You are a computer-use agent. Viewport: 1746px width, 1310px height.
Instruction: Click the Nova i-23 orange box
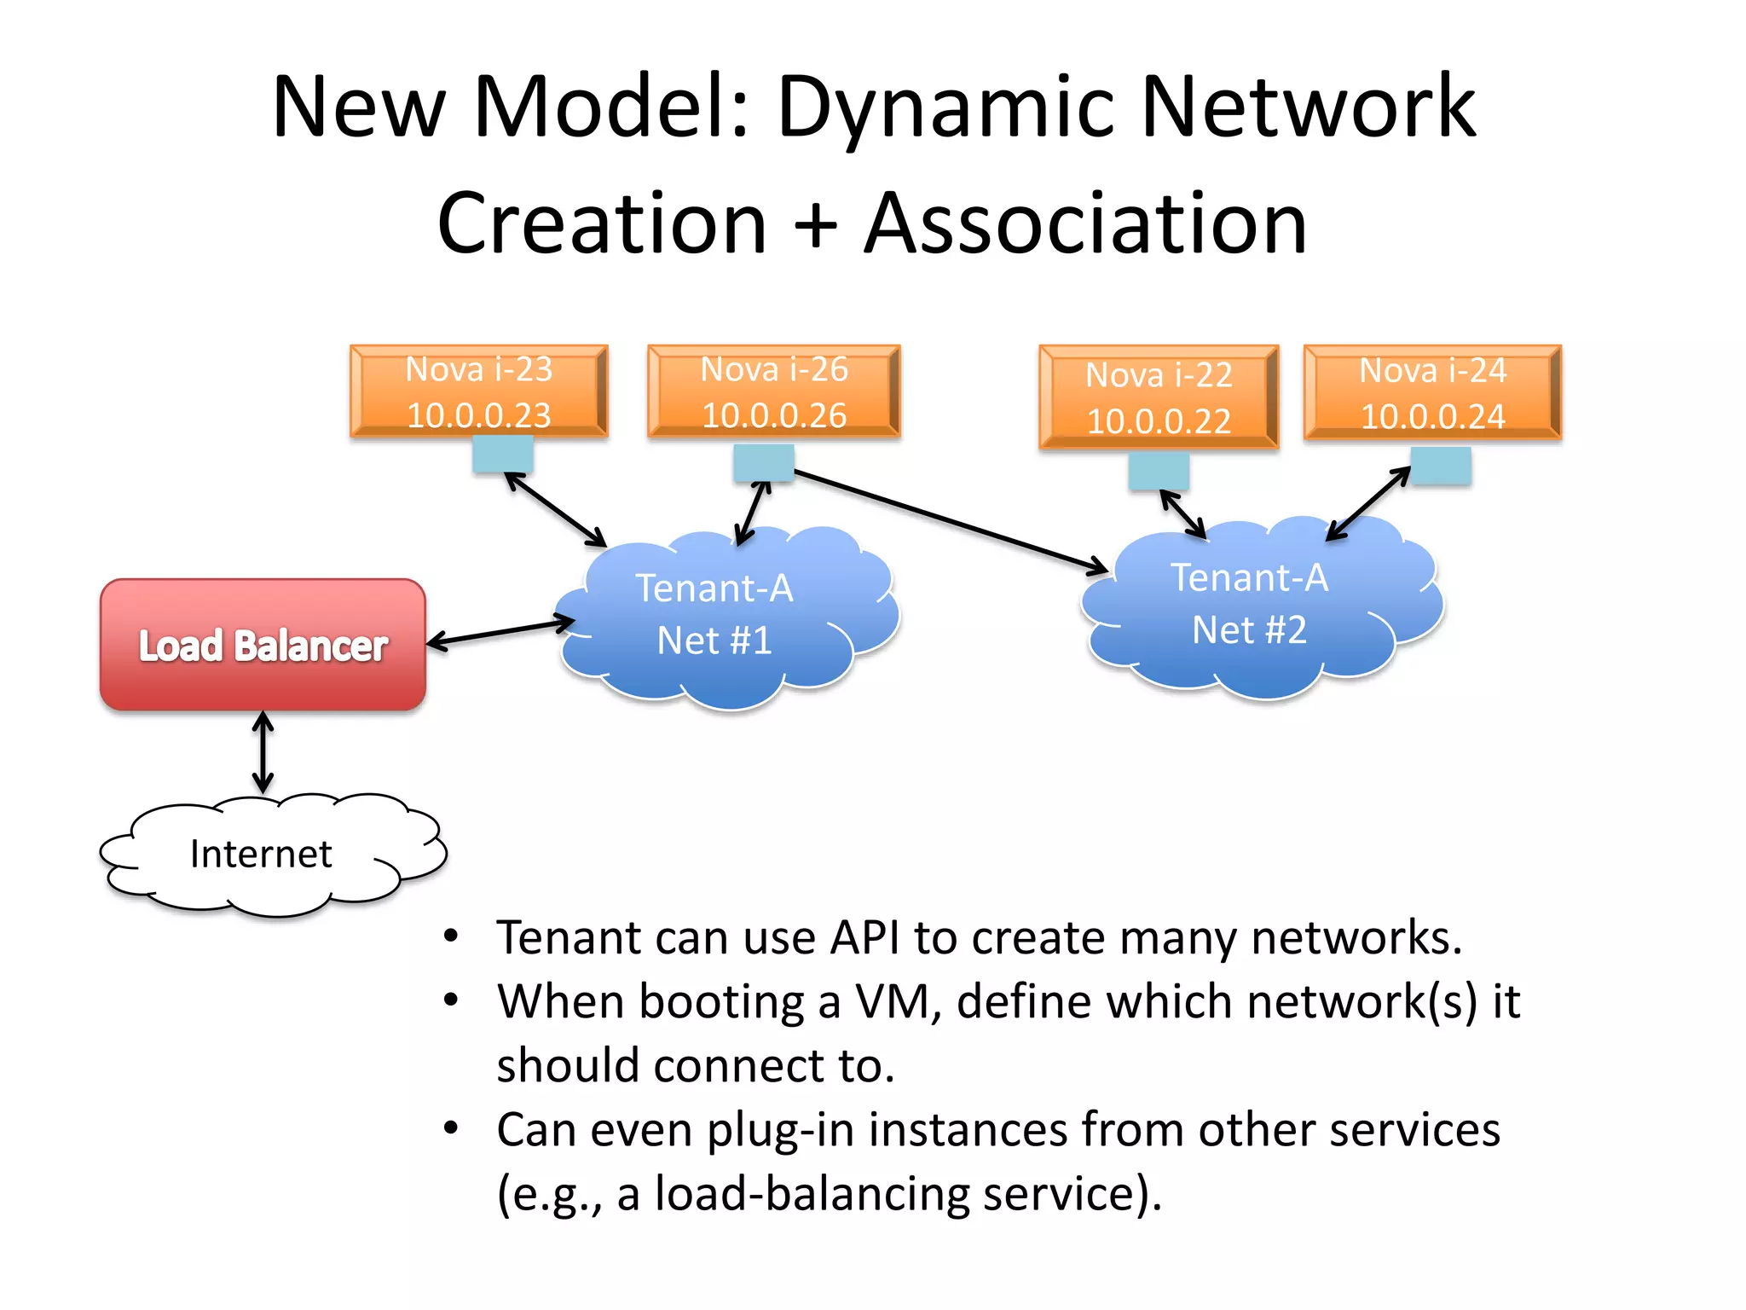pos(478,391)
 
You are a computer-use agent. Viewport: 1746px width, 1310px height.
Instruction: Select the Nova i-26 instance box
pos(773,391)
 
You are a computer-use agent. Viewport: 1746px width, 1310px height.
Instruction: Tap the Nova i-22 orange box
pos(1159,397)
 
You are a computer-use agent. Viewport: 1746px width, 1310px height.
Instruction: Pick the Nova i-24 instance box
pos(1432,392)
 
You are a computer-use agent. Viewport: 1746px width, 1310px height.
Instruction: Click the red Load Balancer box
pos(263,645)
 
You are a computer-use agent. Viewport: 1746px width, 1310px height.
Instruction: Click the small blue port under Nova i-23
pos(503,454)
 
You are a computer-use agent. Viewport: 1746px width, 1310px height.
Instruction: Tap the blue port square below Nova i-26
pos(764,463)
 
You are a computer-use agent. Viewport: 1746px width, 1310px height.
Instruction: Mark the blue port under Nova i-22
pos(1158,471)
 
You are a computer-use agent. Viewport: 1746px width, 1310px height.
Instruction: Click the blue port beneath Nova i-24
pos(1441,466)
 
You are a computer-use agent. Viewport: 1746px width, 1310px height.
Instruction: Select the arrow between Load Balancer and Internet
pos(263,753)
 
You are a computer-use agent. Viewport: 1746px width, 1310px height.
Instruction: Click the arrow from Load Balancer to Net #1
pos(500,632)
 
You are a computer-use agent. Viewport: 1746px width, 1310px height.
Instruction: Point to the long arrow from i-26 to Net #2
pos(951,520)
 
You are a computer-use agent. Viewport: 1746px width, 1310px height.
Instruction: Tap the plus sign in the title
pos(815,223)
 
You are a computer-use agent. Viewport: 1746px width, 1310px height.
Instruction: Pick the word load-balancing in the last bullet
pos(812,1193)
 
